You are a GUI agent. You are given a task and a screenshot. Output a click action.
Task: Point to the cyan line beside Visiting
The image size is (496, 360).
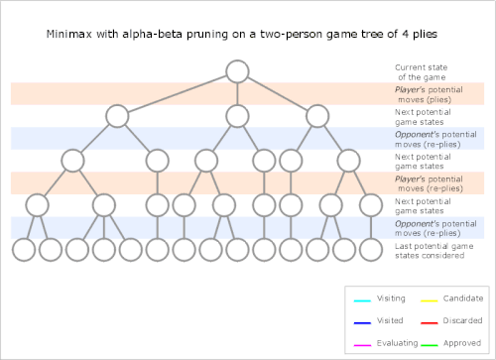point(362,300)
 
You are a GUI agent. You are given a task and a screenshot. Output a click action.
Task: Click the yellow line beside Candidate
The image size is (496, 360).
point(430,300)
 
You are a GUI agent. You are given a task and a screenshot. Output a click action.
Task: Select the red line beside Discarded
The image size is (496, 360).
point(430,323)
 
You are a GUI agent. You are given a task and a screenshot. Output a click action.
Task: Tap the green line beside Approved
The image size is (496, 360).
point(430,345)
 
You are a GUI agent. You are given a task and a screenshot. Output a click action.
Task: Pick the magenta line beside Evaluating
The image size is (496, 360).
point(362,345)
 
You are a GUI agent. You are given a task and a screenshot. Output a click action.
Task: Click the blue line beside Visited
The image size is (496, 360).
point(362,323)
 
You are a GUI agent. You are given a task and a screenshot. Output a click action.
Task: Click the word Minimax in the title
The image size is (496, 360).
point(69,34)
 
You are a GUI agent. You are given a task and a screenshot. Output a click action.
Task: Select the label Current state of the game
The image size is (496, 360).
point(422,72)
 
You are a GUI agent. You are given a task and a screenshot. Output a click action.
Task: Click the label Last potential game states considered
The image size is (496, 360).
point(434,251)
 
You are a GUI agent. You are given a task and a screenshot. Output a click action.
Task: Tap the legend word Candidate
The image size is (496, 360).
point(463,299)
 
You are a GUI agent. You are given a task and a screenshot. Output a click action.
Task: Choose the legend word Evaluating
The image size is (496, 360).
point(397,343)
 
